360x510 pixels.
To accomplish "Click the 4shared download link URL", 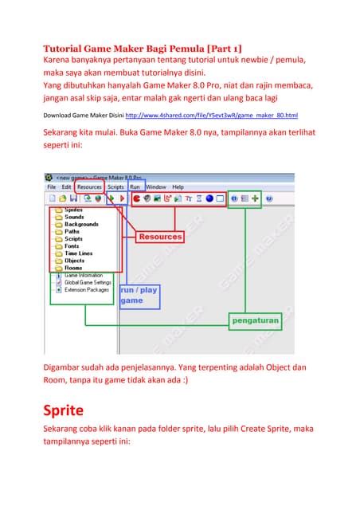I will [217, 115].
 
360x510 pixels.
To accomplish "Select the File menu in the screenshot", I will [52, 186].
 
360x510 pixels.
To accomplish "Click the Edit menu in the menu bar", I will [68, 186].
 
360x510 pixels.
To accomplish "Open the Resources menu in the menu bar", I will [89, 186].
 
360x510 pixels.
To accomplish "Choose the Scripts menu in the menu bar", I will [116, 186].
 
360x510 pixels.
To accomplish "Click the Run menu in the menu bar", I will [135, 186].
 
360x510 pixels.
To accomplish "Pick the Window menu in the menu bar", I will [156, 186].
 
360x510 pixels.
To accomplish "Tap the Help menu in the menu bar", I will [178, 186].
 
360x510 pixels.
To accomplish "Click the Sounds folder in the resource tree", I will [74, 217].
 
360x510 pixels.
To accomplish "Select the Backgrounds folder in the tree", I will [81, 224].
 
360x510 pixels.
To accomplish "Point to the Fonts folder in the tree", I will [72, 246].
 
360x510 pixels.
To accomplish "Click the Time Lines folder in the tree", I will [78, 253].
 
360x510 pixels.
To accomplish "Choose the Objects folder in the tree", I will [74, 261].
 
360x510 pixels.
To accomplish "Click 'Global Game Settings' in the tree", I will [88, 282].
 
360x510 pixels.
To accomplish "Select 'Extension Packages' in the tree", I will [87, 289].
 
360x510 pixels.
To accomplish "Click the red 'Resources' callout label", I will [160, 237].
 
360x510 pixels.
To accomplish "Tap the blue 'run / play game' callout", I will [139, 296].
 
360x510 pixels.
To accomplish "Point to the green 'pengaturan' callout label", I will [256, 320].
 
